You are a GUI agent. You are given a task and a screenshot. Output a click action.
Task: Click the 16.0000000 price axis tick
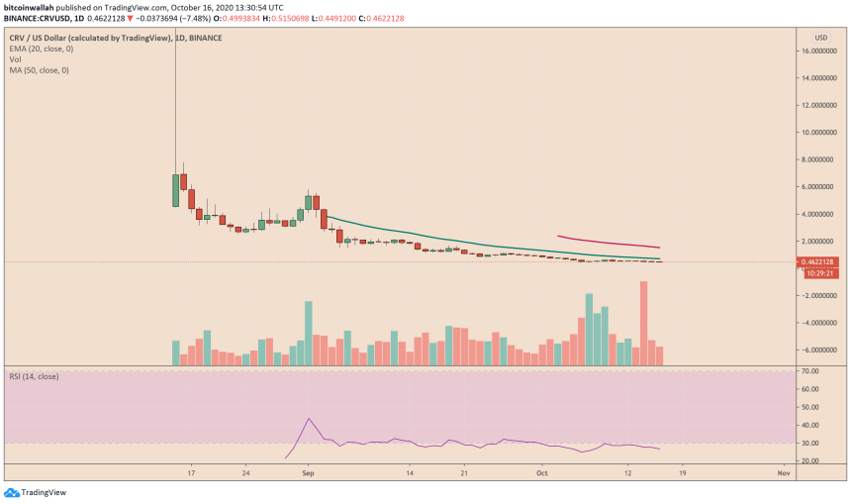pos(822,50)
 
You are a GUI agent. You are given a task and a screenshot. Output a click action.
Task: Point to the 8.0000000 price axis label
pos(822,159)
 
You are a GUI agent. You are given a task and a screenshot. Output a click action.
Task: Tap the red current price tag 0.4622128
pos(822,261)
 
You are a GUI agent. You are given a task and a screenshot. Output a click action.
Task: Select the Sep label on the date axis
pos(307,474)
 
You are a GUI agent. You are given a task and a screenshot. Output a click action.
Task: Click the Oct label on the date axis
pos(540,474)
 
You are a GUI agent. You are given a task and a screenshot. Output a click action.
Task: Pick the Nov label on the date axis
pos(783,474)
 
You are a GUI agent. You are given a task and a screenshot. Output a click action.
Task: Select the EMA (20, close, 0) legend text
pos(44,48)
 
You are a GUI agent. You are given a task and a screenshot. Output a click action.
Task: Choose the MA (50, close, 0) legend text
pos(41,69)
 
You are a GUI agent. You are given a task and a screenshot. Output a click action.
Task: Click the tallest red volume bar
pos(644,324)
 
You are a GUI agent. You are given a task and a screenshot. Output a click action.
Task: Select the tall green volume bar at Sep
pos(309,334)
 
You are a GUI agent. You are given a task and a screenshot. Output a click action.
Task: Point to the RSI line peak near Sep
pos(309,419)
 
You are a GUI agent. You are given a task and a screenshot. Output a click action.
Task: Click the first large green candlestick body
pos(175,190)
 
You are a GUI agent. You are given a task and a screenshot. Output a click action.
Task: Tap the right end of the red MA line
pos(660,248)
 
